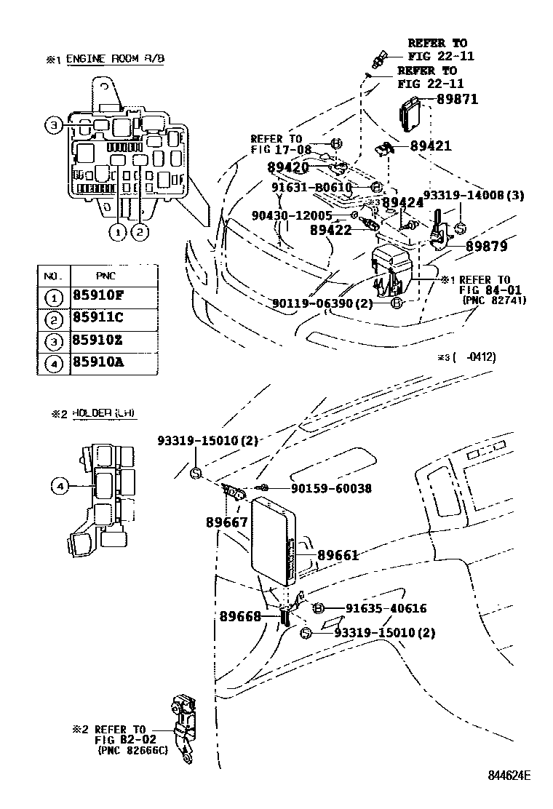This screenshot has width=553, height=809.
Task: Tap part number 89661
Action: pos(338,555)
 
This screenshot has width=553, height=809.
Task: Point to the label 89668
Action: pos(240,615)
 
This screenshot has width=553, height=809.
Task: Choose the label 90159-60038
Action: pos(330,489)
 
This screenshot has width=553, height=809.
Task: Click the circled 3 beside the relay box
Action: pos(54,126)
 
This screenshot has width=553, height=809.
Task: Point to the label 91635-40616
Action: pos(386,608)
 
